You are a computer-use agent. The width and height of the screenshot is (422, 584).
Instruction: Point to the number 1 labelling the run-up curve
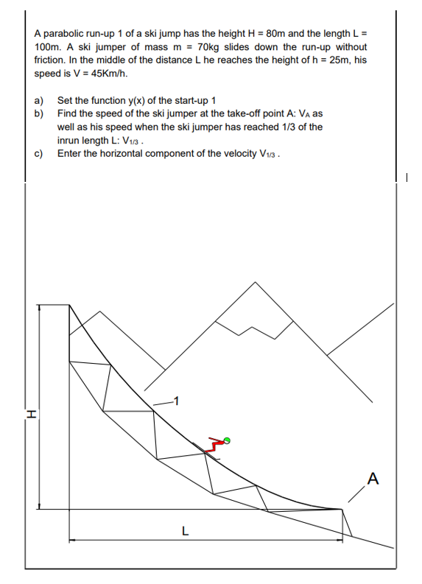point(176,401)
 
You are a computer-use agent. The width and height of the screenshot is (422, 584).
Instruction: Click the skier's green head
point(227,440)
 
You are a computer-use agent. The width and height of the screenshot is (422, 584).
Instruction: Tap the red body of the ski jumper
point(215,445)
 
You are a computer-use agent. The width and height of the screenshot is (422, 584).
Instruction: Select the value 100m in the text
point(49,46)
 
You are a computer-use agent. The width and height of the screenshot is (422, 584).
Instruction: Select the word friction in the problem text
point(51,60)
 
